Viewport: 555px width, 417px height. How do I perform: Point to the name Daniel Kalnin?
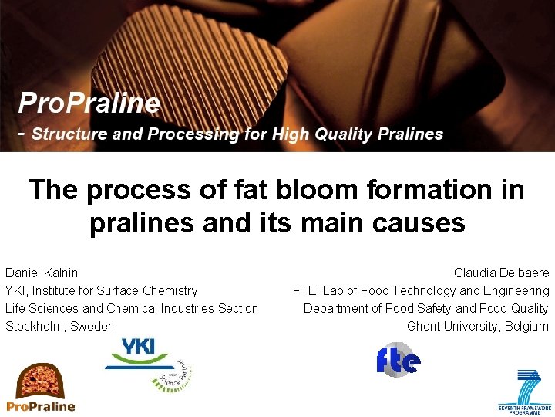click(x=42, y=273)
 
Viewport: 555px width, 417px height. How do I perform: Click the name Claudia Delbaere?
click(x=501, y=273)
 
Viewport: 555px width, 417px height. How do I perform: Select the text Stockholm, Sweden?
click(x=59, y=326)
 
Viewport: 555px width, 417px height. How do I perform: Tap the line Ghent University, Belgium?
click(x=478, y=326)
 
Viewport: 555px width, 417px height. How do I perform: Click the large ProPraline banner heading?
click(x=89, y=103)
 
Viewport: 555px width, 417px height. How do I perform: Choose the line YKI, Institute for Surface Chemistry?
click(x=101, y=290)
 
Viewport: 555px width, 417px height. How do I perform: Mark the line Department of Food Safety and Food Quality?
click(x=425, y=308)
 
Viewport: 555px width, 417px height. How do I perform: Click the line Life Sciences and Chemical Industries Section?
click(x=132, y=308)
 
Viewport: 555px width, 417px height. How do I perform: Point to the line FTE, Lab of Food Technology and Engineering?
click(x=421, y=290)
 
